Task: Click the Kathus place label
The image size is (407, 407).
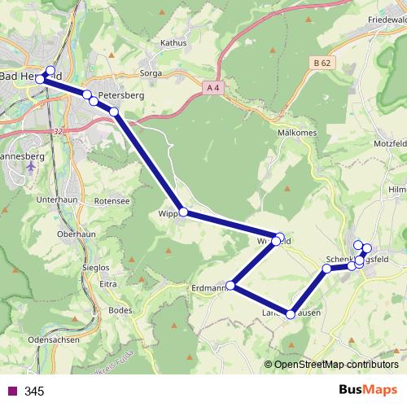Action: pyautogui.click(x=174, y=42)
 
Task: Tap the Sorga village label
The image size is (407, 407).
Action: pyautogui.click(x=152, y=73)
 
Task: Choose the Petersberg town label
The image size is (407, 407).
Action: pyautogui.click(x=121, y=95)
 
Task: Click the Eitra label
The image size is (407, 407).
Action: pyautogui.click(x=107, y=285)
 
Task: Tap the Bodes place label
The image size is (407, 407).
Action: pyautogui.click(x=120, y=310)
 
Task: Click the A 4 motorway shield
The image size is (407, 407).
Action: pyautogui.click(x=214, y=87)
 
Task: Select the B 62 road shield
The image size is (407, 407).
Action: pyautogui.click(x=323, y=62)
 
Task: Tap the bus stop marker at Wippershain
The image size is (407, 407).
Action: pyautogui.click(x=183, y=212)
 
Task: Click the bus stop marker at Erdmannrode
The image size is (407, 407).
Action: pyautogui.click(x=232, y=286)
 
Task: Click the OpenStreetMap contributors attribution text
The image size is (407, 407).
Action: pyautogui.click(x=335, y=365)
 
